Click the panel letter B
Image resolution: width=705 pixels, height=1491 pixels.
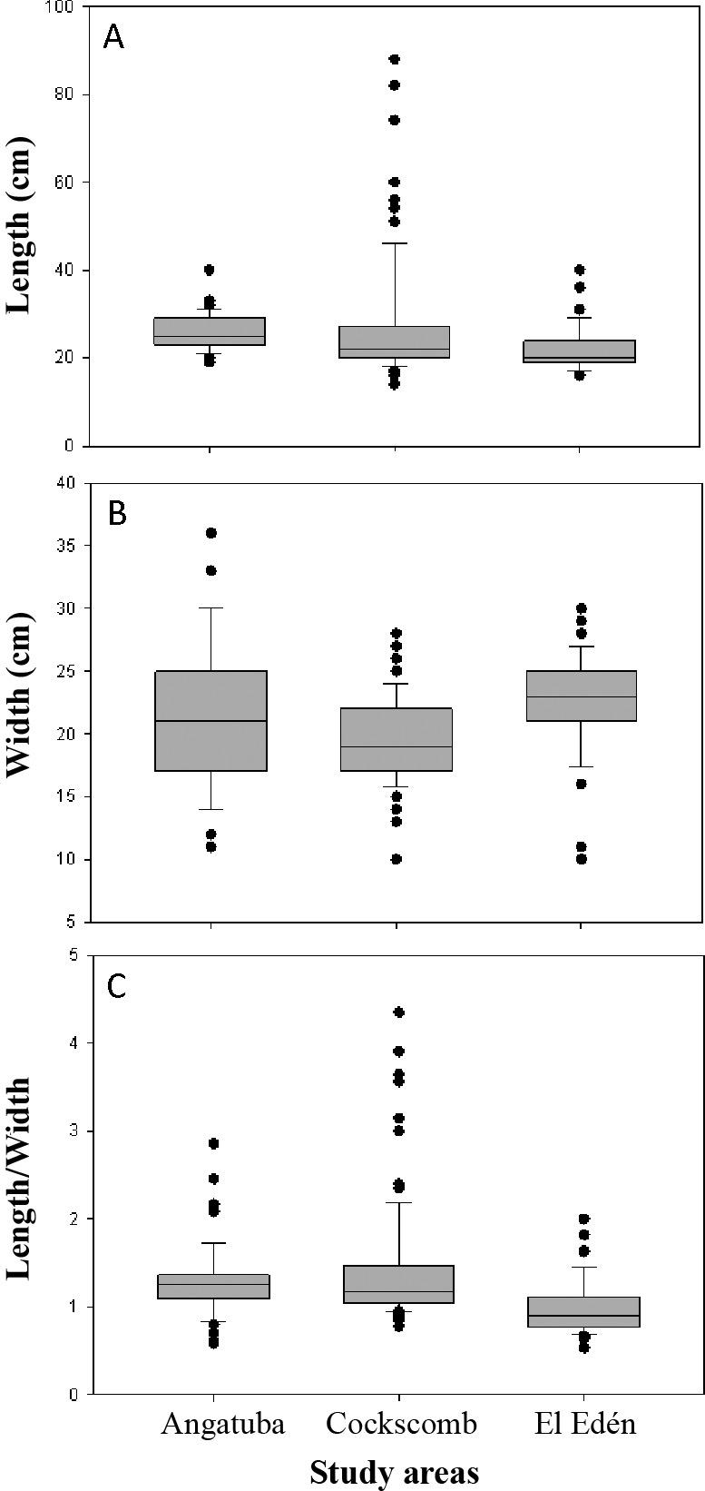point(117,513)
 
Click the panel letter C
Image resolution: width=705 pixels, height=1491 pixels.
point(117,986)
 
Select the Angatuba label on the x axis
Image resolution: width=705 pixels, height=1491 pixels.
point(222,1423)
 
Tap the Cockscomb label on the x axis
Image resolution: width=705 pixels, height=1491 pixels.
point(401,1423)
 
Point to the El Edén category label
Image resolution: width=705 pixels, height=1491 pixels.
point(583,1423)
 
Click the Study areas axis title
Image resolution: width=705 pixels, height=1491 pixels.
point(394,1471)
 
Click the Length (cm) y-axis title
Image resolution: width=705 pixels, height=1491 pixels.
point(20,225)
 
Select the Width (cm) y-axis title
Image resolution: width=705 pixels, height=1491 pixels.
point(20,695)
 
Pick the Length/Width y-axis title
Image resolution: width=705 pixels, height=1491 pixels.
point(20,1178)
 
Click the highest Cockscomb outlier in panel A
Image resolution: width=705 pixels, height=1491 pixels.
point(395,59)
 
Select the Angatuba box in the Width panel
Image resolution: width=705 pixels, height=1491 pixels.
point(211,720)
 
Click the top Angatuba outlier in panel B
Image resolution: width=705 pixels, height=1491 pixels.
point(211,533)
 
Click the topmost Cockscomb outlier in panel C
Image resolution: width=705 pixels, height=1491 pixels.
point(398,1012)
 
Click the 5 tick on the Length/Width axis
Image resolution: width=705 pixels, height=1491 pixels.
point(74,955)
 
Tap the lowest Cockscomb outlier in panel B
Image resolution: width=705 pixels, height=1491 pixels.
point(396,859)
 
